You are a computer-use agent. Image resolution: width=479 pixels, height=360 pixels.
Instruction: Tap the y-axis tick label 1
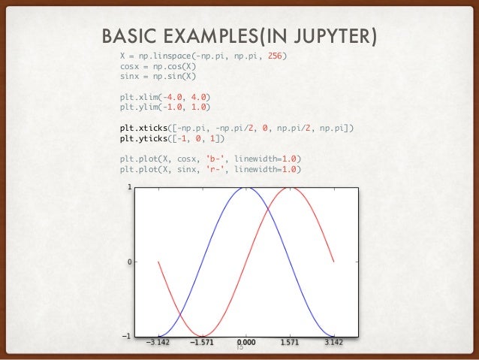(x=130, y=188)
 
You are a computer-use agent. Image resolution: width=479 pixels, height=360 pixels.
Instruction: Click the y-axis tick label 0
(x=130, y=262)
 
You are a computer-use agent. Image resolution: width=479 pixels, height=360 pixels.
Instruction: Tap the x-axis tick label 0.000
(x=246, y=342)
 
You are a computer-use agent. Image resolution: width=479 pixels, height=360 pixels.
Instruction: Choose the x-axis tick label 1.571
(x=290, y=342)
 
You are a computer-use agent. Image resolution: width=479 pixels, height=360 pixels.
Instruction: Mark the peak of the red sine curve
(x=290, y=187)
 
